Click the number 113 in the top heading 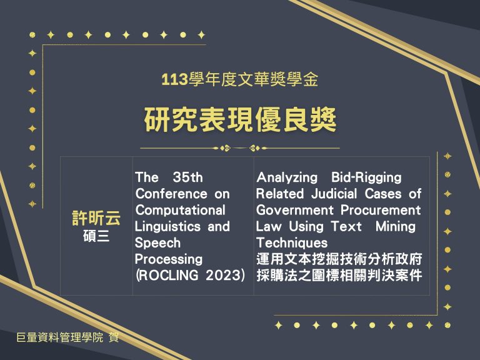point(174,80)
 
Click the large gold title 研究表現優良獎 point(240,119)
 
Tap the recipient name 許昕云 point(96,218)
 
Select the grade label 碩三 point(96,236)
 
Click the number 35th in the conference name point(187,177)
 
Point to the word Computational point(180,210)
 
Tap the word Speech point(157,243)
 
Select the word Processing point(169,259)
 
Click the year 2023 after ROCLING point(225,275)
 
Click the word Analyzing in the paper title point(287,177)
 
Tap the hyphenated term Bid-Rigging point(366,177)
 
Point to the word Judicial point(334,194)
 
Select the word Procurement point(381,210)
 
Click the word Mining point(396,227)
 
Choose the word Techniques point(292,243)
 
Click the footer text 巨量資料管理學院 point(60,337)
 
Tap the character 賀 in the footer point(114,337)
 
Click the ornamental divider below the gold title point(240,148)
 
